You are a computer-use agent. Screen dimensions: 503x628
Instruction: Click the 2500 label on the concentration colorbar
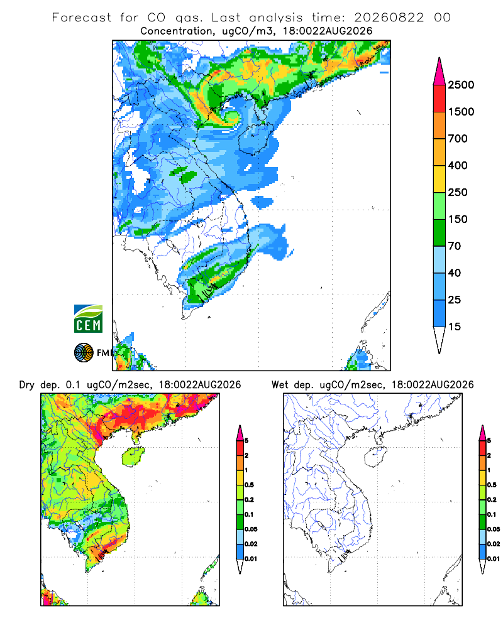pos(461,85)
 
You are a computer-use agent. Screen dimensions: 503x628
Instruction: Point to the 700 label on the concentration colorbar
pos(458,139)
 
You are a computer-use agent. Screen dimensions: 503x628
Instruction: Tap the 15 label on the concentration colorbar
pos(455,327)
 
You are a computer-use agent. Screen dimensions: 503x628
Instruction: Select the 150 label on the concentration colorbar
pos(458,219)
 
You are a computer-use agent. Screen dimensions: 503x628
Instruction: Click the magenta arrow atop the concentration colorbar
pos(439,72)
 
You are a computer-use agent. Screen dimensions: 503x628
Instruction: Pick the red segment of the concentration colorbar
pos(439,99)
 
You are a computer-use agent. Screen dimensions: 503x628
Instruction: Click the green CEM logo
pos(88,319)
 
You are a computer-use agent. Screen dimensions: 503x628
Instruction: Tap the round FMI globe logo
pos(84,353)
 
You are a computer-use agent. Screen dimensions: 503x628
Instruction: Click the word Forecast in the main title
pos(82,18)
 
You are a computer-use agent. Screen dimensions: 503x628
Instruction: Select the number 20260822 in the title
pos(389,18)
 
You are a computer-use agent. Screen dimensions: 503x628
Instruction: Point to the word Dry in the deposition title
pos(26,385)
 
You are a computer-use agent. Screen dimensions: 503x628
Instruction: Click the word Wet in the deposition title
pos(280,385)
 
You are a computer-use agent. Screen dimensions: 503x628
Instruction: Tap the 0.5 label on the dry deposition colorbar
pos(249,485)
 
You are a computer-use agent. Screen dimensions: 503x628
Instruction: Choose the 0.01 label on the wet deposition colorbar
pos(494,559)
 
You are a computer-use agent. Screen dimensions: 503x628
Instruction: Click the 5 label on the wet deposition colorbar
pos(489,441)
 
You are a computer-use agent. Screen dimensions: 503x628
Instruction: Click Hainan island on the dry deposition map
pos(133,457)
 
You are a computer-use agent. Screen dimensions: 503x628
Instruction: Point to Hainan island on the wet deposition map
pos(375,457)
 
